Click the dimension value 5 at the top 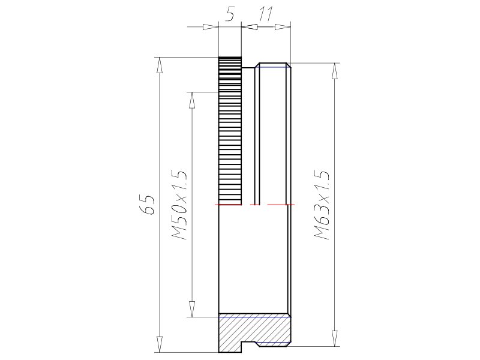[230, 14]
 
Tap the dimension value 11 [266, 14]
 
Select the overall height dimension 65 [147, 204]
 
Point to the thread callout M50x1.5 [179, 205]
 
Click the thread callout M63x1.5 [322, 205]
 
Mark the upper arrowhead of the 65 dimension [159, 65]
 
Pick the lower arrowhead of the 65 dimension [159, 344]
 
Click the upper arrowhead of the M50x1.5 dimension [192, 100]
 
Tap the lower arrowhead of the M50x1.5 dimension [192, 309]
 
